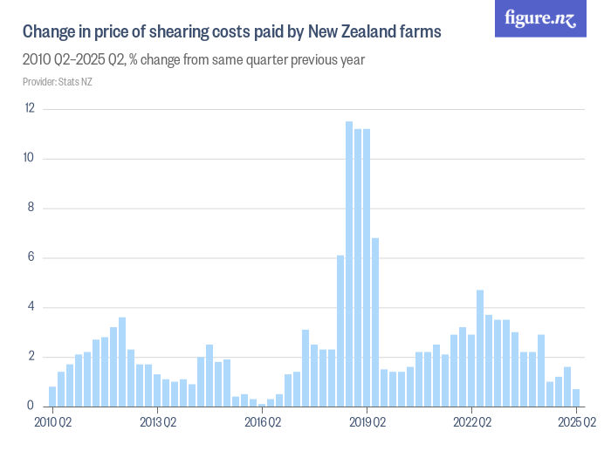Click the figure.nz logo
click(x=540, y=18)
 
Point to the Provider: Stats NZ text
click(x=57, y=82)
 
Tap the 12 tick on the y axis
click(x=30, y=108)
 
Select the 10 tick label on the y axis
click(x=30, y=158)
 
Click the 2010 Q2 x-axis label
click(x=52, y=423)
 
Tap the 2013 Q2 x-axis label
click(x=157, y=423)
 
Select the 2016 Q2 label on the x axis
click(x=262, y=423)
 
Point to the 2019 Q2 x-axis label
click(x=367, y=423)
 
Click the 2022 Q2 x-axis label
click(x=471, y=423)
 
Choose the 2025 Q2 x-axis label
click(x=576, y=423)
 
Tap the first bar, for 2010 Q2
click(x=52, y=397)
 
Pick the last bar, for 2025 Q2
click(x=576, y=398)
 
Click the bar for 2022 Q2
click(x=471, y=371)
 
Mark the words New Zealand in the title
click(x=345, y=32)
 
